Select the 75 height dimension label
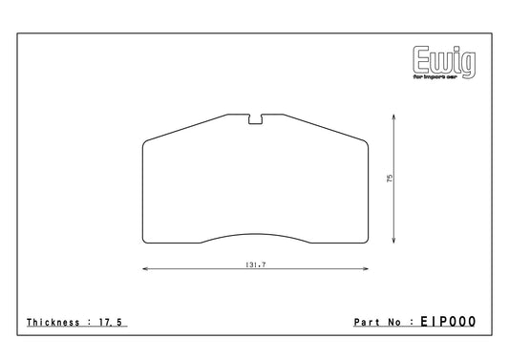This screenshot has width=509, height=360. pyautogui.click(x=391, y=178)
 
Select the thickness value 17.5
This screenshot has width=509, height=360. pyautogui.click(x=112, y=323)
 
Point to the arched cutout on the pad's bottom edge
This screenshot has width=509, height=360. pyautogui.click(x=256, y=234)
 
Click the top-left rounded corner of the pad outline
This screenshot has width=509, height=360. pyautogui.click(x=145, y=144)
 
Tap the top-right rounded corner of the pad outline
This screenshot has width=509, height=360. pyautogui.click(x=367, y=144)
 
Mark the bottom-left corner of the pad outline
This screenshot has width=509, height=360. pyautogui.click(x=144, y=242)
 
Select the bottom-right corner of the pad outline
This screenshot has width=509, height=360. pyautogui.click(x=368, y=242)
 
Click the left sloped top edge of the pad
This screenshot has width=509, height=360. pyautogui.click(x=191, y=128)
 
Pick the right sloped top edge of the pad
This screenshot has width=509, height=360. pyautogui.click(x=321, y=128)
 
